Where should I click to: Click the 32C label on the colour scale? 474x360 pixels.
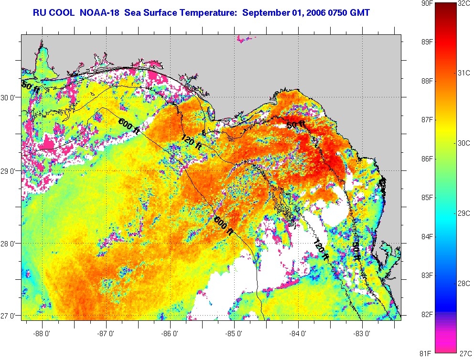pos(464,4)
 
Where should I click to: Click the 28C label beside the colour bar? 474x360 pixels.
pos(464,283)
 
